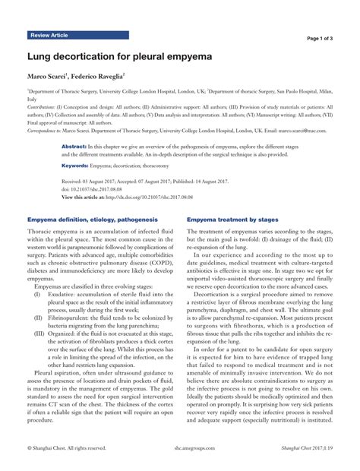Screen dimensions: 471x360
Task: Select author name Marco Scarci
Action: tap(48, 77)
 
